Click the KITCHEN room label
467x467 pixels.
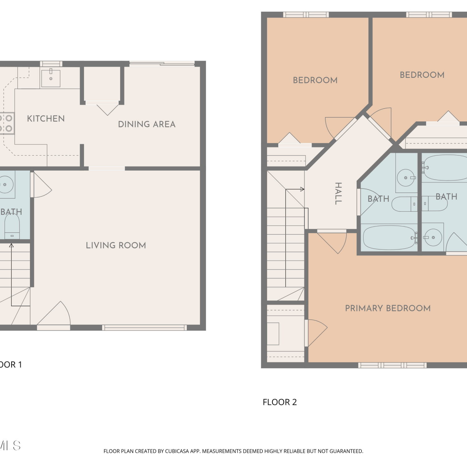[x=46, y=119]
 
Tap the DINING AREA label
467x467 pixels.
[x=147, y=124]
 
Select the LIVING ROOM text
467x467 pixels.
[x=116, y=245]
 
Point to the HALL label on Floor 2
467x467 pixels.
[x=338, y=193]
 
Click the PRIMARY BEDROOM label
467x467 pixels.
[x=388, y=308]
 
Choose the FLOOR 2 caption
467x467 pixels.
[x=280, y=402]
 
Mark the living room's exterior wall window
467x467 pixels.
[x=144, y=328]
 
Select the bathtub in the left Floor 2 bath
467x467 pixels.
[x=389, y=238]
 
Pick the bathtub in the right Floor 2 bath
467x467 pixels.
[x=446, y=168]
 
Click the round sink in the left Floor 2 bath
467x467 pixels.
[x=406, y=178]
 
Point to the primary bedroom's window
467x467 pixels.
[x=392, y=365]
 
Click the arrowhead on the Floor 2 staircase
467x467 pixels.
[x=302, y=189]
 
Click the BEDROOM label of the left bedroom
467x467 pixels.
[x=315, y=80]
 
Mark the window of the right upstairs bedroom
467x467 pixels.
[x=429, y=15]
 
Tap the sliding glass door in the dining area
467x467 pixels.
[x=162, y=64]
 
